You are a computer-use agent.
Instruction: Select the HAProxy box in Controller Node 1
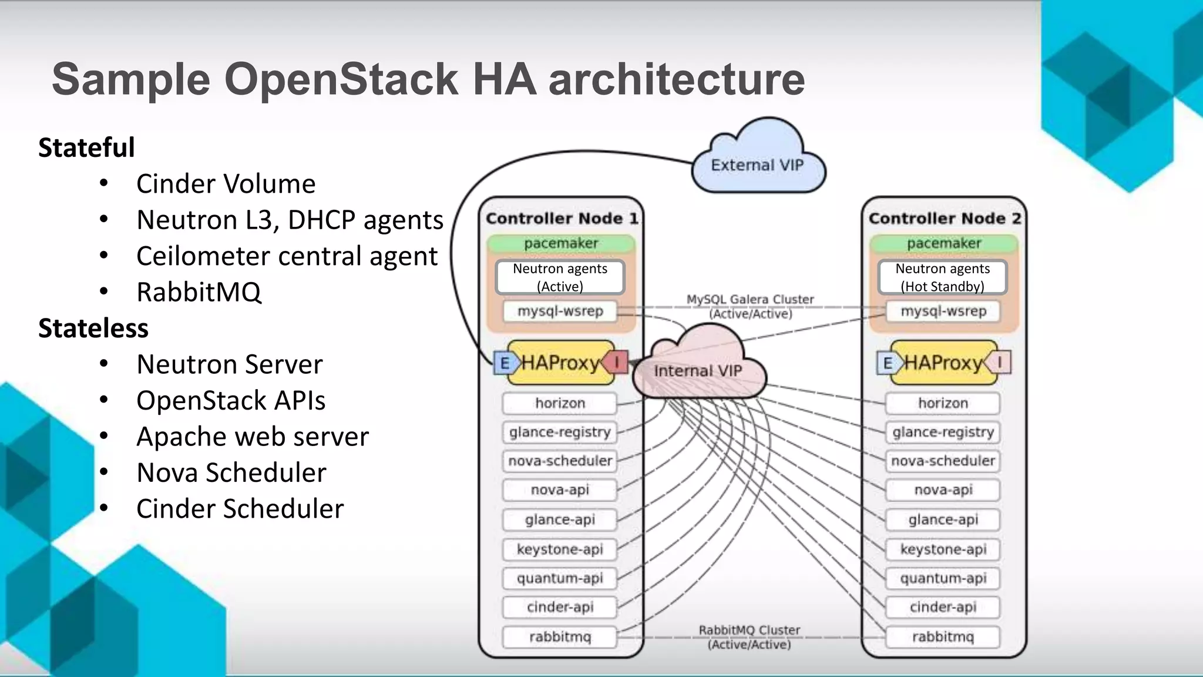(560, 363)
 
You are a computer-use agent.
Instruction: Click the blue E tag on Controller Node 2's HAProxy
(887, 363)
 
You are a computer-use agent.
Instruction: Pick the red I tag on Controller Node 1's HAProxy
(617, 362)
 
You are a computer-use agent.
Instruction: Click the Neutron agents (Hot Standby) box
(942, 277)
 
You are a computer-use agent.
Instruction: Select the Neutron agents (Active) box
(560, 277)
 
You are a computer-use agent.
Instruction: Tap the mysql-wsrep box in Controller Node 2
(943, 311)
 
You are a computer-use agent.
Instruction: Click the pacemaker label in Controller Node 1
(560, 243)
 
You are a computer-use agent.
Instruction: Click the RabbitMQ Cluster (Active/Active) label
(749, 637)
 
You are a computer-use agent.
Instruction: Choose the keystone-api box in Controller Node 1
(559, 549)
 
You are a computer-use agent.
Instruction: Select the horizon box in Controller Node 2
(943, 403)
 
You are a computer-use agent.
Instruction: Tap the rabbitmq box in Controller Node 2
(943, 636)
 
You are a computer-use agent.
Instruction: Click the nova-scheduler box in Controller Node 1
(559, 461)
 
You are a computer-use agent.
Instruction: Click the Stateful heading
(86, 148)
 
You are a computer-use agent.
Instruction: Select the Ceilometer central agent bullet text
(287, 256)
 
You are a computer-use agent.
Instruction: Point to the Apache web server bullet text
(253, 437)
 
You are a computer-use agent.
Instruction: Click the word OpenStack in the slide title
(341, 79)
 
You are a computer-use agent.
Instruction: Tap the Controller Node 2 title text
(945, 219)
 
